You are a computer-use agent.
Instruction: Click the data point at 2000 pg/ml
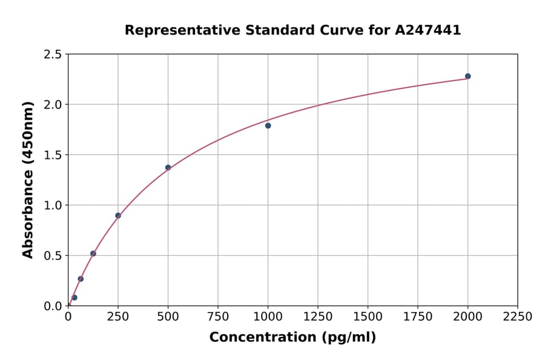coord(467,76)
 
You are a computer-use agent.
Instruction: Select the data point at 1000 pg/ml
coord(268,125)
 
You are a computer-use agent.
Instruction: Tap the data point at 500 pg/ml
coord(168,167)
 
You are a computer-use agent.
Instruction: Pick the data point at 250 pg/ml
coord(118,215)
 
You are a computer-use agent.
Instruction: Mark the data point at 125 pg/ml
coord(93,253)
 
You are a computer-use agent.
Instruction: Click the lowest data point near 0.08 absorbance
coord(74,298)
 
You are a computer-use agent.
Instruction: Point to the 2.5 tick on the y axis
coord(53,55)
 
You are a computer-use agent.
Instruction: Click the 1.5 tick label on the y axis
coord(53,155)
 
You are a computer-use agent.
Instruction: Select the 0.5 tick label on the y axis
coord(53,256)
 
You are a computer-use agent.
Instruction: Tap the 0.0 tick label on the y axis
coord(53,306)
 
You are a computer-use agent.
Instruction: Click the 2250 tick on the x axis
coord(518,317)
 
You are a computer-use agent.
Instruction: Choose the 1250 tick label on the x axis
coord(318,317)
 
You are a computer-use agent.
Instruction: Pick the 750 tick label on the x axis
coord(218,317)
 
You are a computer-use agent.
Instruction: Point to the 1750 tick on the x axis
coord(418,317)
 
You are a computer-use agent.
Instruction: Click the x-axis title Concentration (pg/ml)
coord(292,338)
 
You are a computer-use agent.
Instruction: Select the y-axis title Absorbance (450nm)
coord(28,179)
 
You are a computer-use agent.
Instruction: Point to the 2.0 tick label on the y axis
coord(53,105)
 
